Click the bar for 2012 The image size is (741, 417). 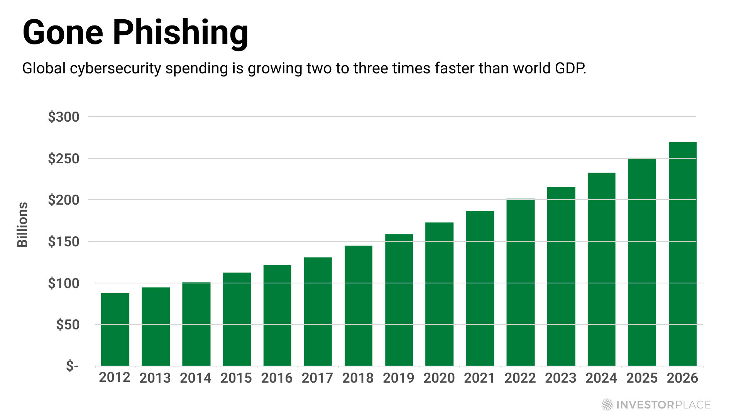coord(115,329)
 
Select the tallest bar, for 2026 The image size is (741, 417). coord(682,254)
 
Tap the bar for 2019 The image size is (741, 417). coord(399,300)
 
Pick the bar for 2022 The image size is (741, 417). coord(520,282)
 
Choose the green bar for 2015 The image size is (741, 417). coord(237,319)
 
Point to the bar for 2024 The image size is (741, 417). coord(601,270)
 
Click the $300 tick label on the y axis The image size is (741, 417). coord(64,117)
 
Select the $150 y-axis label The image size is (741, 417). coord(64,242)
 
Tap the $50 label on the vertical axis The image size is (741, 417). coord(68,325)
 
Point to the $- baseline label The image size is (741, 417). coord(72,365)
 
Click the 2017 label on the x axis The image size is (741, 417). coord(317,378)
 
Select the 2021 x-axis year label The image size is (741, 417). coord(479,378)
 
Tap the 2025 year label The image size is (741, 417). coord(642,378)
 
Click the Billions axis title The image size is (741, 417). coord(22,224)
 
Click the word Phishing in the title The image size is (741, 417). coord(180,33)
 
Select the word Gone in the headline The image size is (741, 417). coord(63,33)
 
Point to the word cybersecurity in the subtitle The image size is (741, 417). coord(115,69)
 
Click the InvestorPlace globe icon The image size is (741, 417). coord(607,405)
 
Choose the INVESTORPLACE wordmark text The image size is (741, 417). coord(663,405)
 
